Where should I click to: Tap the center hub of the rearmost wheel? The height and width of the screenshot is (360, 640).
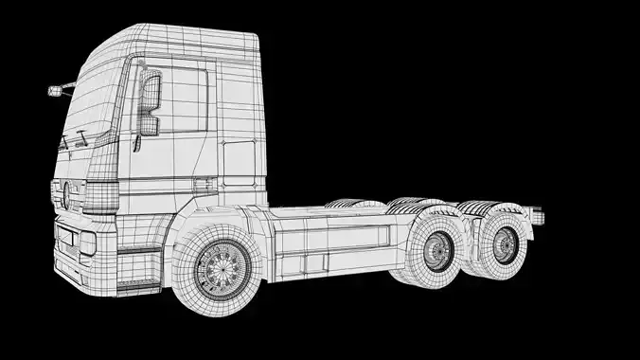tap(507, 245)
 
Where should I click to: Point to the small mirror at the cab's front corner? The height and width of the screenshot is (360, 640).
tap(57, 91)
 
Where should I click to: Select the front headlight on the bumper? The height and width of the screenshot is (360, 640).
tap(86, 243)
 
